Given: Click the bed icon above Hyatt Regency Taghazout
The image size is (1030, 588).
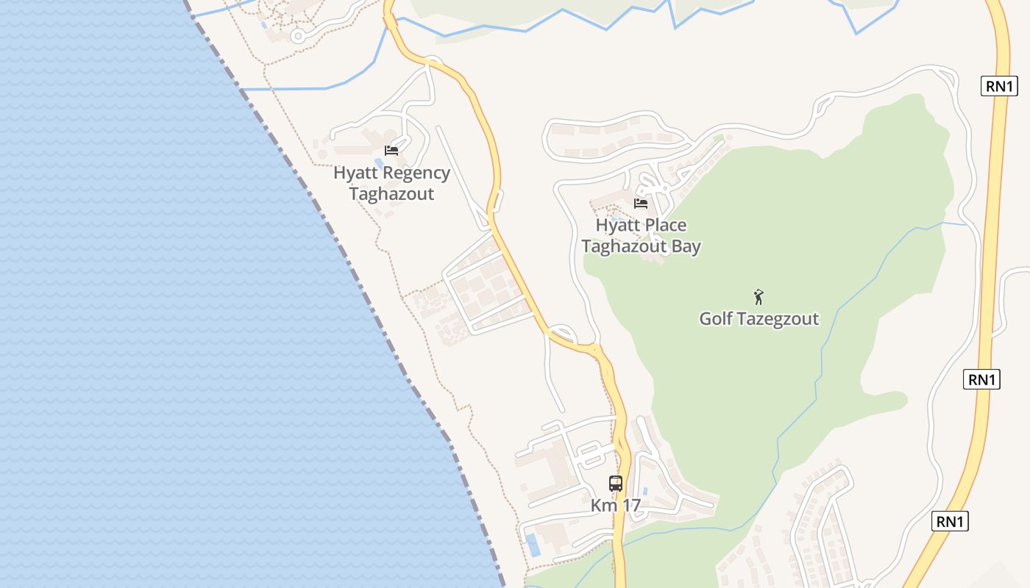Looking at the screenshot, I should tap(391, 151).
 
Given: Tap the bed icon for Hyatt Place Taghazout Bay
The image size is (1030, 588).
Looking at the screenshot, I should tap(641, 204).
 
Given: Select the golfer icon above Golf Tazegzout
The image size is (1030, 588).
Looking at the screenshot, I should tap(759, 297).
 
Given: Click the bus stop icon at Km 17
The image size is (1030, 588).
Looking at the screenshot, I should tap(616, 484).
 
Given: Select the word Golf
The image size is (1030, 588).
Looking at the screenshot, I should tap(715, 319).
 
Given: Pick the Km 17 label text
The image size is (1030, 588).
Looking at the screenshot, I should tap(616, 506).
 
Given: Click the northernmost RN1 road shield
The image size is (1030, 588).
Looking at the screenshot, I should tap(1000, 86).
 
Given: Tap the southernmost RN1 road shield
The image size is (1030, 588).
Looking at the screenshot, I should tap(950, 522).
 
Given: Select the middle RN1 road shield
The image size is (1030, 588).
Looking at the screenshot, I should tap(982, 380).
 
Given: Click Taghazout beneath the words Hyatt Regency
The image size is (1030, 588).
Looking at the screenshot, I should tap(391, 194).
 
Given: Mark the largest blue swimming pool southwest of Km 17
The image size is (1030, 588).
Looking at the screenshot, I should tap(533, 545).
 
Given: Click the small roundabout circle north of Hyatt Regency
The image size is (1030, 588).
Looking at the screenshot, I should tap(297, 35).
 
